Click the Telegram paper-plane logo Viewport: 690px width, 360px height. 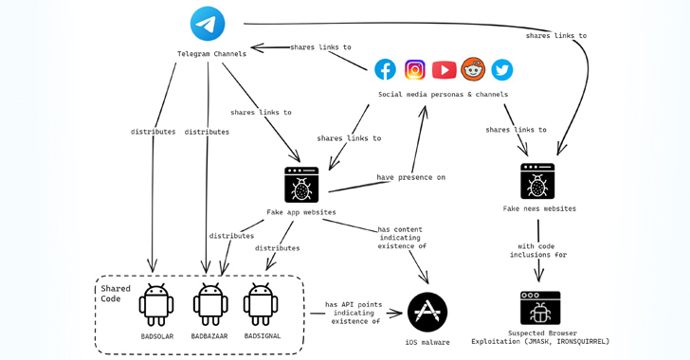pos(208,24)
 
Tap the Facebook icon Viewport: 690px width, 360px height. pos(385,69)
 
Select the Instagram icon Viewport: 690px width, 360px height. pos(415,69)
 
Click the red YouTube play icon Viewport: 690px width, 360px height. pos(444,69)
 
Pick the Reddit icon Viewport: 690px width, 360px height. pos(473,69)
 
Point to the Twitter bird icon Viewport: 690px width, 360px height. pos(501,69)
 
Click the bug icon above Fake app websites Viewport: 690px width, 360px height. pos(301,185)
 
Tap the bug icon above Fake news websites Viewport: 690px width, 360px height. pos(537,181)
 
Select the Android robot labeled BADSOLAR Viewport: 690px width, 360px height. pos(155,304)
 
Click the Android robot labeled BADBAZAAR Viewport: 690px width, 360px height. pos(209,304)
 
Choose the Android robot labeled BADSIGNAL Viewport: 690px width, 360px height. pos(261,304)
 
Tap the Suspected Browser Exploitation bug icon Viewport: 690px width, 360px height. pos(540,308)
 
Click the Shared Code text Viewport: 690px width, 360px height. pos(116,294)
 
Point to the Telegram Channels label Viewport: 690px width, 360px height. pos(211,54)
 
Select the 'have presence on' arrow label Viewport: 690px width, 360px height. pos(410,177)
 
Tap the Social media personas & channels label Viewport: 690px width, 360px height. pos(443,95)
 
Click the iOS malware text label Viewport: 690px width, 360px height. pos(428,342)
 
